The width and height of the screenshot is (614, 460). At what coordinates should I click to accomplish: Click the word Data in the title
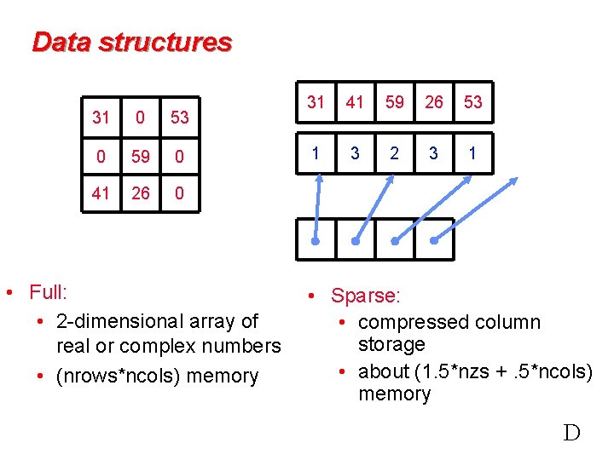pyautogui.click(x=61, y=42)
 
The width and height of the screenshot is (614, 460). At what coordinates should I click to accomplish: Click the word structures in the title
pyautogui.click(x=165, y=42)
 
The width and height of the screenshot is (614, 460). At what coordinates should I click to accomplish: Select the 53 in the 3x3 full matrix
pyautogui.click(x=179, y=117)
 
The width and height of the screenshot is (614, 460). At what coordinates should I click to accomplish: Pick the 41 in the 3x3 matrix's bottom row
pyautogui.click(x=101, y=193)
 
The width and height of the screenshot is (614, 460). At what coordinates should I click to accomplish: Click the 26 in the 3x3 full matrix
pyautogui.click(x=141, y=193)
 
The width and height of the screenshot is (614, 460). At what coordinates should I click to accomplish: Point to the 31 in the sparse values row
pyautogui.click(x=316, y=102)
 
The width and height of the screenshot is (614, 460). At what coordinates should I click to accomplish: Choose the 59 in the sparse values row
pyautogui.click(x=394, y=102)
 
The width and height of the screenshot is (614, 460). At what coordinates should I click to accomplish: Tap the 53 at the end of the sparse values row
pyautogui.click(x=472, y=102)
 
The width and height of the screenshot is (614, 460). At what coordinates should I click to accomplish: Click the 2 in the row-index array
pyautogui.click(x=394, y=153)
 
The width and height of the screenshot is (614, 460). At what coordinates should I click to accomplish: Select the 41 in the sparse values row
pyautogui.click(x=355, y=102)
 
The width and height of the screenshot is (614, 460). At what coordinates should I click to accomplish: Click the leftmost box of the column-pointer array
pyautogui.click(x=315, y=239)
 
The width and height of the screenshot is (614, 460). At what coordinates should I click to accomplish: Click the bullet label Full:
pyautogui.click(x=49, y=292)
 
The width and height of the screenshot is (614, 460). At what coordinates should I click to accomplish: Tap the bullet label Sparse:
pyautogui.click(x=365, y=296)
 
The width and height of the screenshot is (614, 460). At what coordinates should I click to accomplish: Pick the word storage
pyautogui.click(x=391, y=344)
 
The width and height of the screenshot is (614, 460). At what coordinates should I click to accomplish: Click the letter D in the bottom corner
pyautogui.click(x=571, y=433)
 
